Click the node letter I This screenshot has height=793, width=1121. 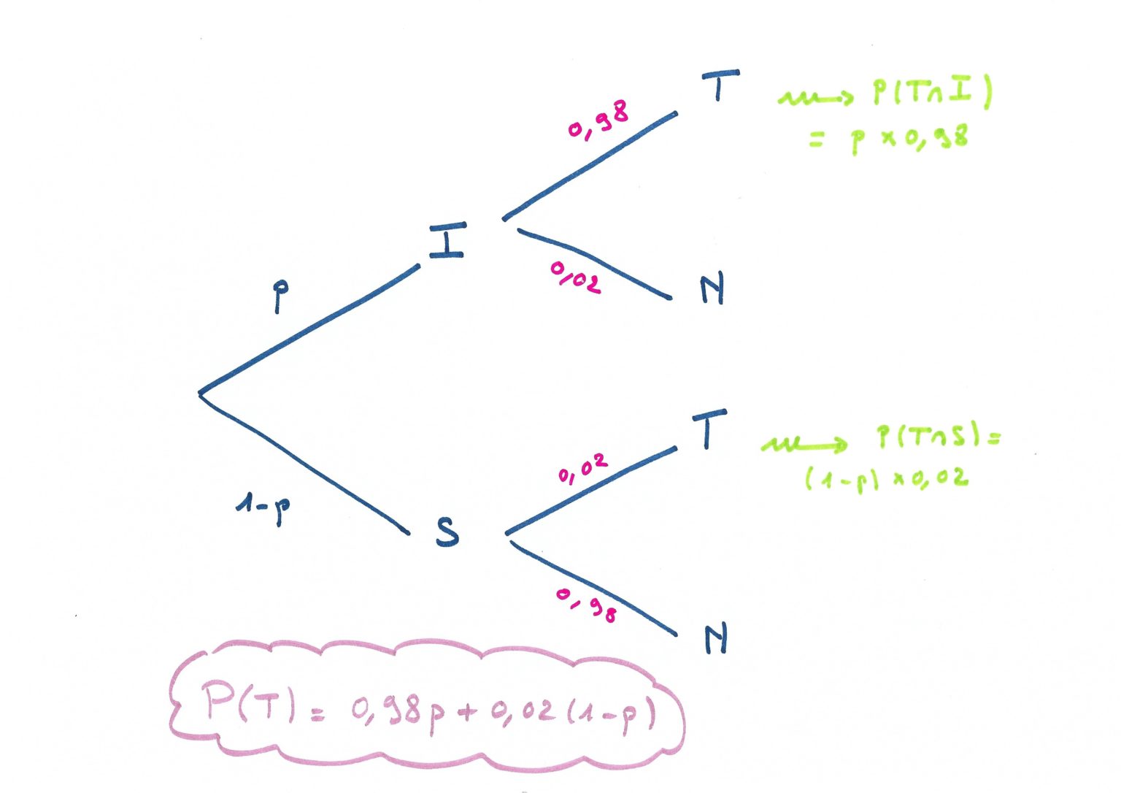[x=448, y=240]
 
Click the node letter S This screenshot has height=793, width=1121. [x=447, y=532]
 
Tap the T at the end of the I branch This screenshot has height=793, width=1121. [x=720, y=85]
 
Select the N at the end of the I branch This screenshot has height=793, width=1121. [x=712, y=288]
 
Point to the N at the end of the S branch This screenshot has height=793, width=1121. [x=716, y=639]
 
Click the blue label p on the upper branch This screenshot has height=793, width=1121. [x=281, y=296]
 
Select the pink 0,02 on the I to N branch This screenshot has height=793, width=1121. [x=575, y=277]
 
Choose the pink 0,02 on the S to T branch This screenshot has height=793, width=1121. [x=583, y=469]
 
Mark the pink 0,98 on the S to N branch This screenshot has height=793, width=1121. [x=586, y=605]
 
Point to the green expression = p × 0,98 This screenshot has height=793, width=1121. [x=889, y=139]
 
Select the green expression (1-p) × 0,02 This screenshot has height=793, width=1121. [x=887, y=479]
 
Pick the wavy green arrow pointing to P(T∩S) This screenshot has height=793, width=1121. [x=804, y=445]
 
